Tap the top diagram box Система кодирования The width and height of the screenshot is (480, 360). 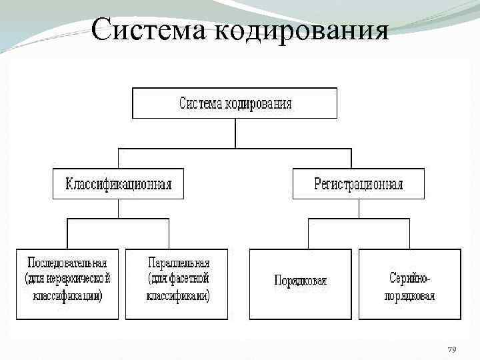coord(235,103)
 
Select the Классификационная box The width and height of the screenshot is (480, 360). coord(118,184)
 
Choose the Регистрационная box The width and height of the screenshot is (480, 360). coord(359,184)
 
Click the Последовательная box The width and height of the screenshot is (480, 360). coord(67,284)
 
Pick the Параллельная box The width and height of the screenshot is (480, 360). coord(177,284)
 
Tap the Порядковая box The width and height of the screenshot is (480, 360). coord(300,284)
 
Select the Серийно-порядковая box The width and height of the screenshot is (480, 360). coord(409,284)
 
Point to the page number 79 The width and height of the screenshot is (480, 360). coord(451,350)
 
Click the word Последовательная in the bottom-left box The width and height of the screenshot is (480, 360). coord(67,263)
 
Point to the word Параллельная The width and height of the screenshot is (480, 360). coord(178,263)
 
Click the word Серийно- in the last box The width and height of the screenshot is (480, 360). coord(409,275)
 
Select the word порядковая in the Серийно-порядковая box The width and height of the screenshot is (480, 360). coord(409,295)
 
